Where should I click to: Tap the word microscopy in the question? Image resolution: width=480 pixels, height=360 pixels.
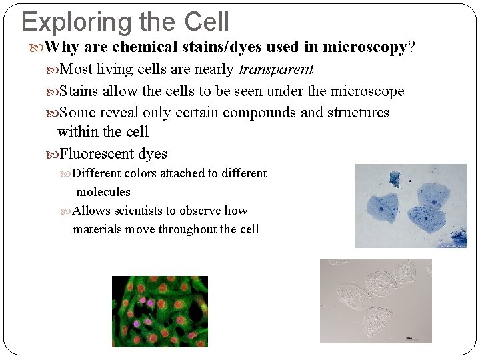[x=365, y=47]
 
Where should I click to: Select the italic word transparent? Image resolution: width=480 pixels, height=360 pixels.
[x=276, y=69]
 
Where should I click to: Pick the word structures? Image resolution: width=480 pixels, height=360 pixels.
[x=358, y=113]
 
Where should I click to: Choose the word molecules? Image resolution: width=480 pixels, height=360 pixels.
[x=103, y=192]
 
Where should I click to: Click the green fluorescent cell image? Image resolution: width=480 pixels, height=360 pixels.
[x=159, y=311]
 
